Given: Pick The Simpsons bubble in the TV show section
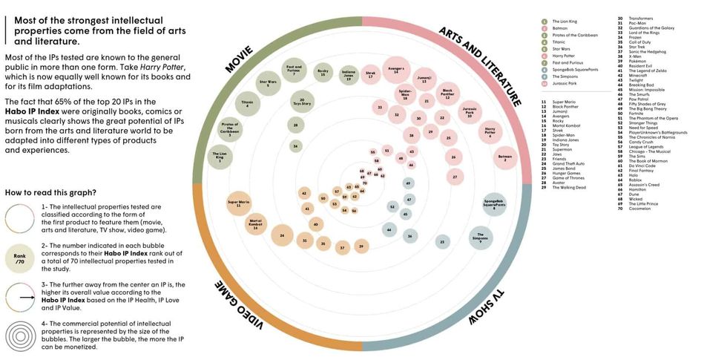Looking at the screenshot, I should (481, 238).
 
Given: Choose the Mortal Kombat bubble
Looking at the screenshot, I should (256, 223).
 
